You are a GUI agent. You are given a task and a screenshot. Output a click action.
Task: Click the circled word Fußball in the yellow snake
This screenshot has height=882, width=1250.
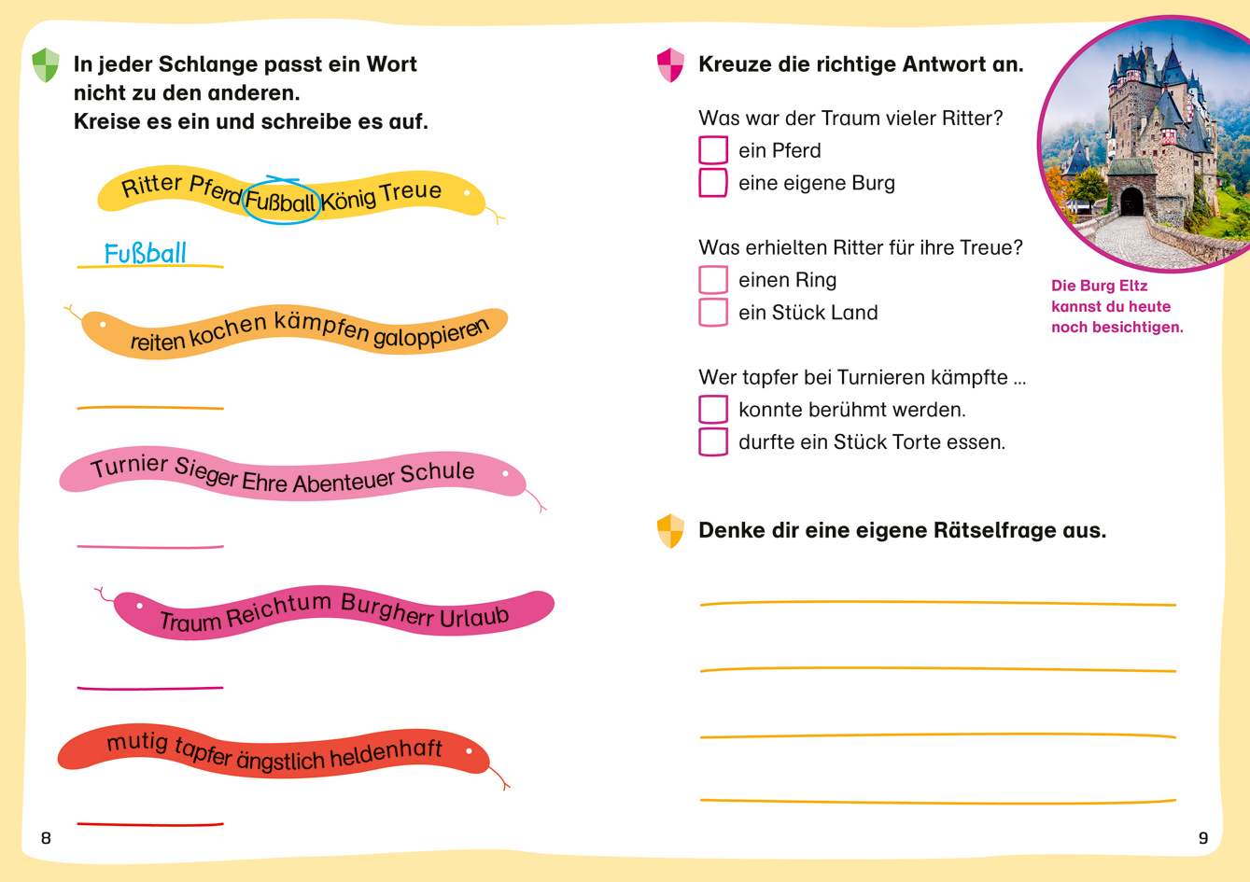[281, 202]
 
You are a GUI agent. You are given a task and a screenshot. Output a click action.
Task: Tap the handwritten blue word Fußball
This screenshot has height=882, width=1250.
[145, 254]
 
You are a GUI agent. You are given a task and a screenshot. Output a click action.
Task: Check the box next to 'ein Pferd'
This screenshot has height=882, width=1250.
[713, 150]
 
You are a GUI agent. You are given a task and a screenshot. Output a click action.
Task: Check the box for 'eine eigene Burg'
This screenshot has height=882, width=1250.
[713, 183]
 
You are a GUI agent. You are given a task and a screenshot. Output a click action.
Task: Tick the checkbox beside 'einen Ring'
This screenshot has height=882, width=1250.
[713, 280]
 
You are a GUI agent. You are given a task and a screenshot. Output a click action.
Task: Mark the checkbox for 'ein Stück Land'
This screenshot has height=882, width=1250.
[713, 313]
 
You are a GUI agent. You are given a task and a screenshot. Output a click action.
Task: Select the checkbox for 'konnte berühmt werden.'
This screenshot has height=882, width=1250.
[713, 410]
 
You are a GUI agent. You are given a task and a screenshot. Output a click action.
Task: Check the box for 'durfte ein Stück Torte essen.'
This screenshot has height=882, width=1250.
[713, 441]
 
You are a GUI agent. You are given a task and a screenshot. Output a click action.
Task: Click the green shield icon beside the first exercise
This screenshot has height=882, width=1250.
[46, 65]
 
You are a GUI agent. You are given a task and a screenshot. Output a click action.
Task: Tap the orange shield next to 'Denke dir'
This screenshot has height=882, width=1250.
[670, 531]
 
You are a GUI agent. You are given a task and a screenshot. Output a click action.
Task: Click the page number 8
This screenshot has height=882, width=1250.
[46, 838]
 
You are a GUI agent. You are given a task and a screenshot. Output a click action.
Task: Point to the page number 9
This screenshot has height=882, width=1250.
[1203, 838]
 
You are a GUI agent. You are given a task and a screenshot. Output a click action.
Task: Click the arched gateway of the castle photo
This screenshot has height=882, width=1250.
[1131, 202]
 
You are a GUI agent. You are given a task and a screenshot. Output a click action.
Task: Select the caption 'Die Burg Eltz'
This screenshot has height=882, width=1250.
[1099, 287]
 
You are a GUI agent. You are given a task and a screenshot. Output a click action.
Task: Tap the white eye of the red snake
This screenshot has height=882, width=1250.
[469, 750]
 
